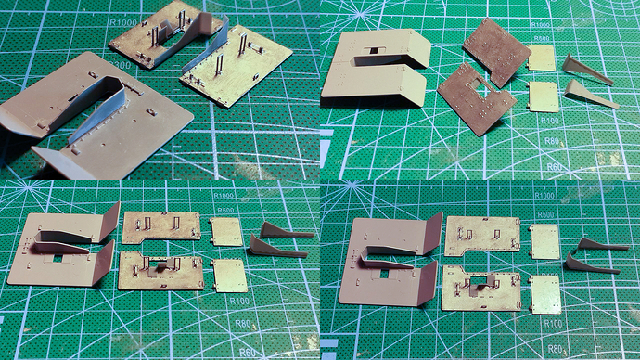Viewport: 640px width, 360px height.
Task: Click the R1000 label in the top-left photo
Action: coord(124,24)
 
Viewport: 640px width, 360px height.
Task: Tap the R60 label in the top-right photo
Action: coord(557,167)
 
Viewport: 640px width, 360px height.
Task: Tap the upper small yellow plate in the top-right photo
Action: coord(544,59)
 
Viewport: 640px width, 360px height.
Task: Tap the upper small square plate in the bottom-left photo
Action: coord(226,232)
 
